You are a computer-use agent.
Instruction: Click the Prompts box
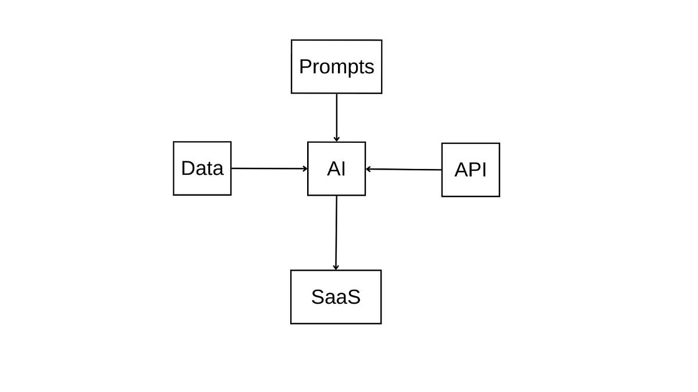click(x=336, y=66)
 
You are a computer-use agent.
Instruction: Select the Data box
click(x=202, y=168)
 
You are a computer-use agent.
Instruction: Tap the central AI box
click(x=336, y=168)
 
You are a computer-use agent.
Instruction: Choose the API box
click(x=471, y=170)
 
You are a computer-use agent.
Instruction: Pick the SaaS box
click(x=336, y=297)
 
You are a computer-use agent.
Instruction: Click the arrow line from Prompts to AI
click(x=336, y=116)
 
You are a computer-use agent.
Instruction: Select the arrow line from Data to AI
click(x=268, y=168)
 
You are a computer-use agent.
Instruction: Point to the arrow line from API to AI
click(x=404, y=170)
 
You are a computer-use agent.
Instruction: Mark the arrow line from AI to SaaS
click(x=336, y=232)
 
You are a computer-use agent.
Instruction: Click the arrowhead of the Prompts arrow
click(x=336, y=139)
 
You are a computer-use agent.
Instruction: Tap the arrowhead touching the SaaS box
click(x=336, y=267)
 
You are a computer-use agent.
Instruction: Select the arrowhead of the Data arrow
click(x=305, y=168)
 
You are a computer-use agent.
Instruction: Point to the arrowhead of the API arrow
click(x=369, y=169)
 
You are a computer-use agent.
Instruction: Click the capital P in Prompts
click(x=305, y=67)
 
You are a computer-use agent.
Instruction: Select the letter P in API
click(x=473, y=170)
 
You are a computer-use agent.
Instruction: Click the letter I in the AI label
click(x=343, y=169)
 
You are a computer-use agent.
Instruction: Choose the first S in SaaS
click(x=318, y=297)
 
